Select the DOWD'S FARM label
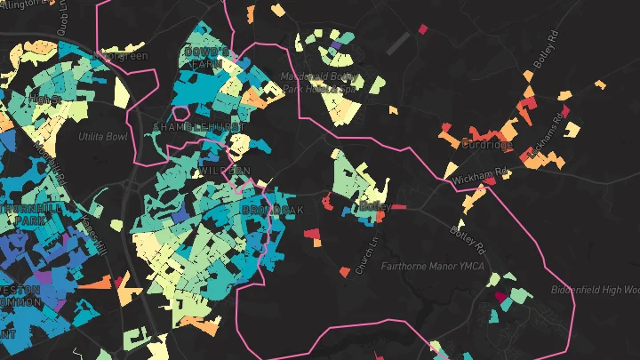pos(206,59)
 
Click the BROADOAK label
pos(272,210)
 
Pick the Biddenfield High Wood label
pos(596,290)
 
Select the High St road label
pos(44,99)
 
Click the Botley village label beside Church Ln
pos(374,206)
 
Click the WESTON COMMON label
pos(18,297)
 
